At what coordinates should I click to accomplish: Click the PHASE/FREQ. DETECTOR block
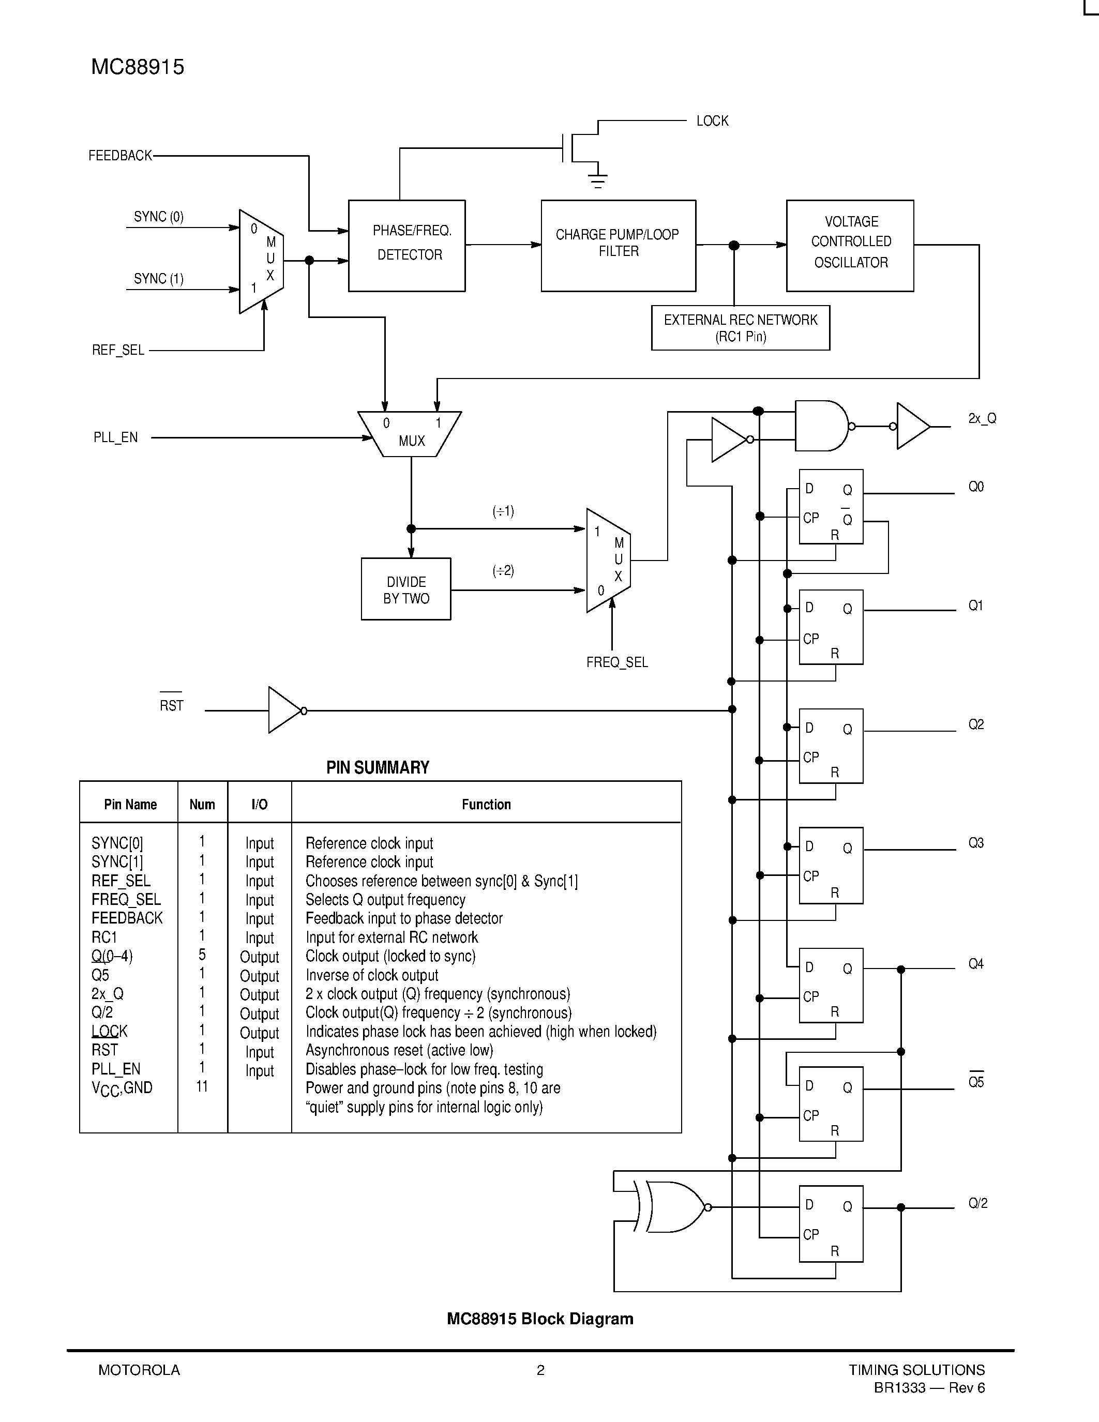pyautogui.click(x=407, y=246)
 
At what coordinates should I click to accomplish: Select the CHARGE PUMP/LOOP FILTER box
pyautogui.click(x=618, y=246)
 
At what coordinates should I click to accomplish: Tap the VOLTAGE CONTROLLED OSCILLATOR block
pyautogui.click(x=850, y=246)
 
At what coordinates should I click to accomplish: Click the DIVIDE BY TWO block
pyautogui.click(x=405, y=589)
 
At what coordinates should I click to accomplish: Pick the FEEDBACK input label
pyautogui.click(x=120, y=156)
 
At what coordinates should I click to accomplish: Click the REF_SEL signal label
pyautogui.click(x=118, y=350)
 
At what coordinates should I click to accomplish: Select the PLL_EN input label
pyautogui.click(x=115, y=437)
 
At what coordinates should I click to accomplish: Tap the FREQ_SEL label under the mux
pyautogui.click(x=616, y=662)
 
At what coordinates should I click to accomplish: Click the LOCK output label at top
pyautogui.click(x=712, y=121)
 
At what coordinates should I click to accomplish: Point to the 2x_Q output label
pyautogui.click(x=982, y=419)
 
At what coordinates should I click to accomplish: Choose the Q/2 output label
pyautogui.click(x=977, y=1203)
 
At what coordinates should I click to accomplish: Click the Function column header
pyautogui.click(x=486, y=804)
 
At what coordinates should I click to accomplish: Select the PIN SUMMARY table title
pyautogui.click(x=378, y=768)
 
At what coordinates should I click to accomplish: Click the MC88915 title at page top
pyautogui.click(x=138, y=67)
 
